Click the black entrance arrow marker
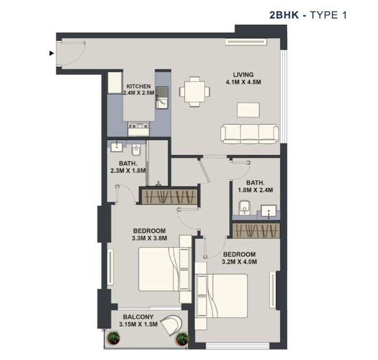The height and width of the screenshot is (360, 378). click(51, 53)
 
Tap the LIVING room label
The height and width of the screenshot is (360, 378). click(243, 75)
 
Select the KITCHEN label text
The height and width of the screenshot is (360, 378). click(139, 86)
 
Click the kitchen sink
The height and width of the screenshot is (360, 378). click(162, 98)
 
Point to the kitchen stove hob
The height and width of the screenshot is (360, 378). click(139, 126)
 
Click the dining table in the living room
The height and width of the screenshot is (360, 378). click(194, 91)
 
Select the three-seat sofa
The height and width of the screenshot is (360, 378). click(250, 134)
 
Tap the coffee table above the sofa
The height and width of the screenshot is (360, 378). click(248, 110)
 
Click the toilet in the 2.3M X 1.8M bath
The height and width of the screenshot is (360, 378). click(136, 150)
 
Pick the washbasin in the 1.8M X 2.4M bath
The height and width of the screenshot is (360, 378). click(269, 211)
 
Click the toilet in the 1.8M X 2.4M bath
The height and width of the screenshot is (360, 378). click(245, 208)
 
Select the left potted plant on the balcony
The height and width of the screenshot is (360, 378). click(114, 337)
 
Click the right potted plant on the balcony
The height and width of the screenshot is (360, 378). click(182, 338)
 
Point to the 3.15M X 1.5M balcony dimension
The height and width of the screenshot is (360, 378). click(138, 324)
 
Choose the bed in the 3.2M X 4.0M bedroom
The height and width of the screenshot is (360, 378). click(221, 296)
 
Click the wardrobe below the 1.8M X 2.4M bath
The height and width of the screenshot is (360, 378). click(256, 231)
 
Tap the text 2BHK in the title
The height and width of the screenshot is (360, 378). click(284, 15)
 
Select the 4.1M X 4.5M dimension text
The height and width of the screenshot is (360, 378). click(243, 82)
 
